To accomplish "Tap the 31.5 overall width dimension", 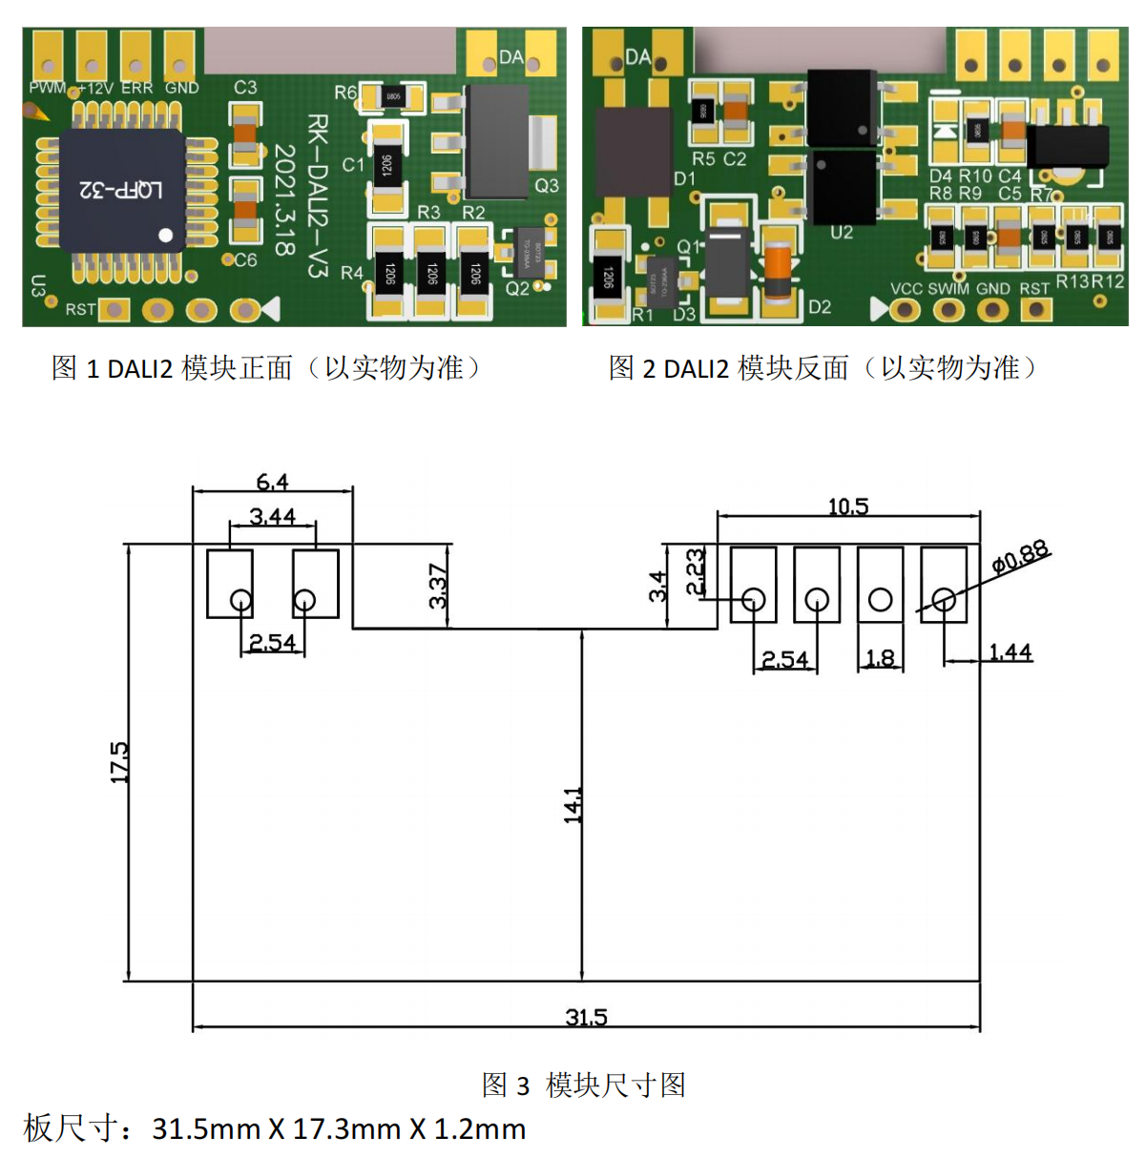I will (x=586, y=1017).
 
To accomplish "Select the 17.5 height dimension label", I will (x=119, y=762).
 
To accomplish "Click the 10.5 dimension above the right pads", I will (x=848, y=506).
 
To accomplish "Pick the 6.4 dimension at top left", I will (x=272, y=482).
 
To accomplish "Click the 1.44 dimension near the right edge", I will (x=1011, y=652).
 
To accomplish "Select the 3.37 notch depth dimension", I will (x=438, y=586).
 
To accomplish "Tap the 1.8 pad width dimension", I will (x=880, y=658).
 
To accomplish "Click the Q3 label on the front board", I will (x=547, y=185).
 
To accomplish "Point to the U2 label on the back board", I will (x=842, y=232).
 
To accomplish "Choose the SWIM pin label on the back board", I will (x=948, y=288).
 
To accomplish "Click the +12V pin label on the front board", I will (x=95, y=88).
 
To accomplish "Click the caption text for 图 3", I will (x=584, y=1085).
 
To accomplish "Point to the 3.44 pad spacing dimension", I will (x=273, y=516).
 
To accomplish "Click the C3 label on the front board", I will (x=245, y=87).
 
